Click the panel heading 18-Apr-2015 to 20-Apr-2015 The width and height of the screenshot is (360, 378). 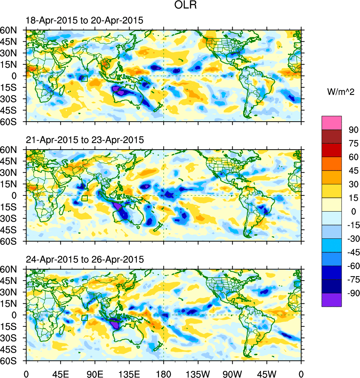coord(84,21)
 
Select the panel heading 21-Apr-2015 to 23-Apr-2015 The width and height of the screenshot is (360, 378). coord(84,140)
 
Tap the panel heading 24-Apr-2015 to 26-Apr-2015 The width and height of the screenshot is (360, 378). coord(84,259)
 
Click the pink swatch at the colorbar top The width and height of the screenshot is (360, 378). coord(332,122)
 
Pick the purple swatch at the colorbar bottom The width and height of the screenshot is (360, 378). coord(332,300)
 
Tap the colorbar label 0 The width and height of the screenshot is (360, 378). coord(351,212)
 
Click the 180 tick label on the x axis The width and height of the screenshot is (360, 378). coord(164,373)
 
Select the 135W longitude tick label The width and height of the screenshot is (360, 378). coord(198,373)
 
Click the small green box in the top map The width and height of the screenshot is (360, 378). coord(84,78)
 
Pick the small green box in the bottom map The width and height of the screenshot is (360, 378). coord(84,318)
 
